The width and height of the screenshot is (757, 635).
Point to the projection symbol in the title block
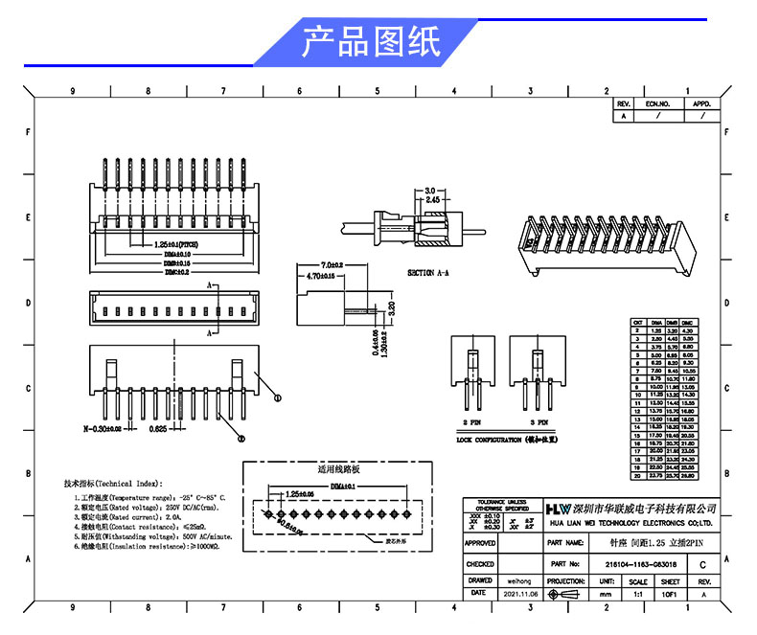(x=564, y=595)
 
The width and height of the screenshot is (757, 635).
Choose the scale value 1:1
(x=637, y=595)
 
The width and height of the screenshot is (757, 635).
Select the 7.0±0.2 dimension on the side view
(x=332, y=264)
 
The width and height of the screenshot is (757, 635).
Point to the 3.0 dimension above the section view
(x=430, y=191)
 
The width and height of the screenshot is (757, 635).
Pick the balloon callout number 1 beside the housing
(x=278, y=397)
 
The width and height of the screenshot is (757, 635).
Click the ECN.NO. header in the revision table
(x=656, y=102)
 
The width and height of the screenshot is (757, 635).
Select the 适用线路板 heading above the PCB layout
(x=337, y=470)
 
